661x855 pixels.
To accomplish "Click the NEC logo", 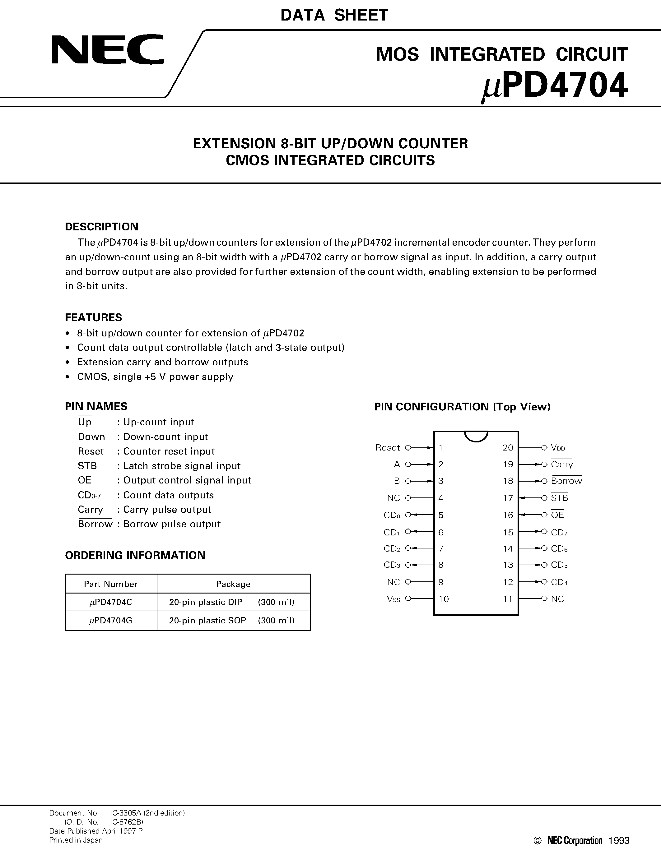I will pos(107,50).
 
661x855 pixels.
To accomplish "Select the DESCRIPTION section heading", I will pos(101,227).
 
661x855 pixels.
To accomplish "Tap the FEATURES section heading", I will pos(93,317).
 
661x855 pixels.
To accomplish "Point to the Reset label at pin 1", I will pos(387,447).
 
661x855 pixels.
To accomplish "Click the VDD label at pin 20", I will pos(558,447).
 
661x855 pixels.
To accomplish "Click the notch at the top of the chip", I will pos(476,436).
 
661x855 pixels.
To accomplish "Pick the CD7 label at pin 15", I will pos(559,532).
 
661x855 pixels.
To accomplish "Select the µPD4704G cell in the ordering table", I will pos(111,621).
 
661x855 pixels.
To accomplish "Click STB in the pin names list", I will pos(87,466).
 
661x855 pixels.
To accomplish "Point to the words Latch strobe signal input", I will pos(182,466).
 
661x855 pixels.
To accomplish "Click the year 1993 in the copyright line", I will pos(619,840).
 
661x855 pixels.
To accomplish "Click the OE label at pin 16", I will pos(557,515).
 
